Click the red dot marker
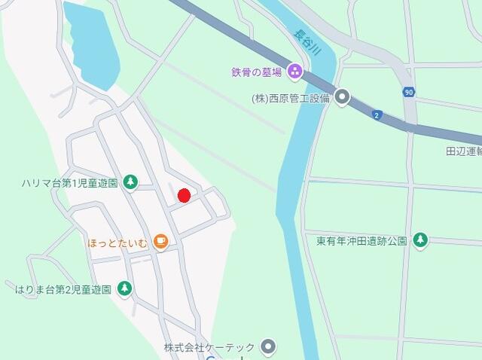pyautogui.click(x=183, y=196)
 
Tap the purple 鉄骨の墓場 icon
pyautogui.click(x=294, y=72)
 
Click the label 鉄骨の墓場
pyautogui.click(x=256, y=72)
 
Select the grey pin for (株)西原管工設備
pyautogui.click(x=343, y=97)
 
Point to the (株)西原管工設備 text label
pyautogui.click(x=291, y=98)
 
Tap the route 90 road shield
pyautogui.click(x=409, y=92)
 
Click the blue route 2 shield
pyautogui.click(x=377, y=114)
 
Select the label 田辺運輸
pyautogui.click(x=463, y=151)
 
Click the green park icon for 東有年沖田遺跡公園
pyautogui.click(x=419, y=240)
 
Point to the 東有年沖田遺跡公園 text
pyautogui.click(x=361, y=241)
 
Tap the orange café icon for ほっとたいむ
pyautogui.click(x=160, y=241)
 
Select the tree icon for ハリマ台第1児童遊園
pyautogui.click(x=130, y=182)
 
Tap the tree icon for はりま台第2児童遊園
pyautogui.click(x=125, y=288)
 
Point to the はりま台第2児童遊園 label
pyautogui.click(x=63, y=288)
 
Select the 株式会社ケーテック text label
pyautogui.click(x=210, y=347)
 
